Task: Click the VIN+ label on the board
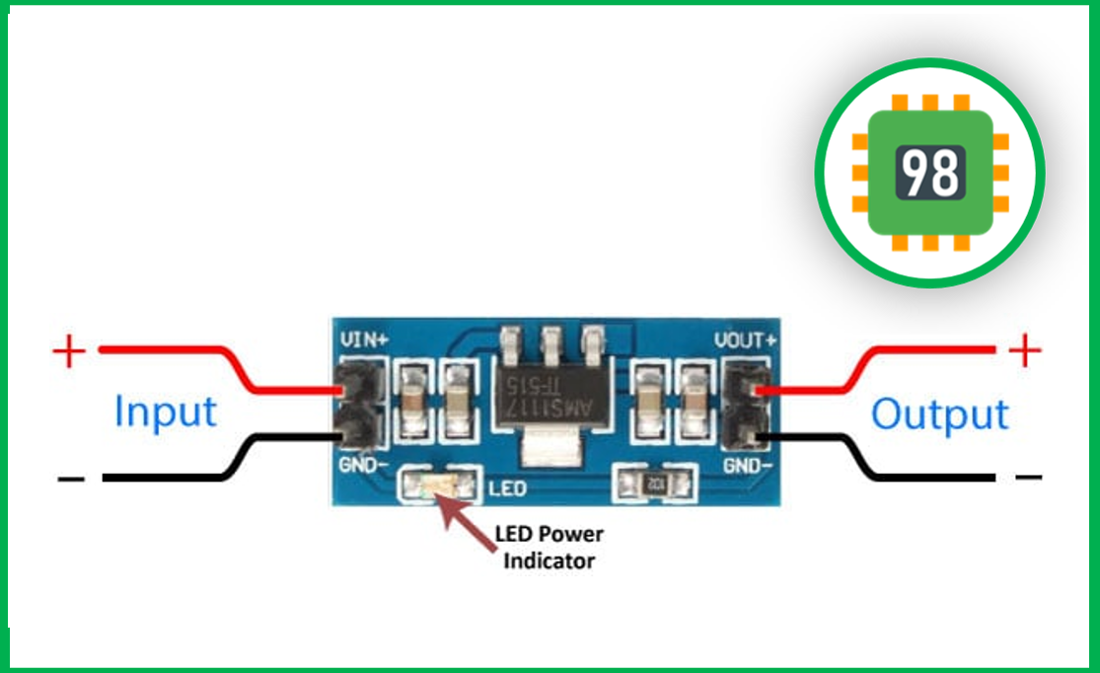364,340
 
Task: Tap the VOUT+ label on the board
745,340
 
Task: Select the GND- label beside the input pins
363,465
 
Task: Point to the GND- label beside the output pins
748,465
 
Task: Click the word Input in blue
166,411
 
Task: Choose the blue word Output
940,414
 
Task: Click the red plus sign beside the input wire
69,351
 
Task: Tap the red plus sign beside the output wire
1025,350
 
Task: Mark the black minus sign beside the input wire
71,480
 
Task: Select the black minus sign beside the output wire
1028,478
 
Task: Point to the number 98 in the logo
930,173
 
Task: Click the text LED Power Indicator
550,548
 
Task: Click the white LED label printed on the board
507,488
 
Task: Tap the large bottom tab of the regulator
551,447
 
